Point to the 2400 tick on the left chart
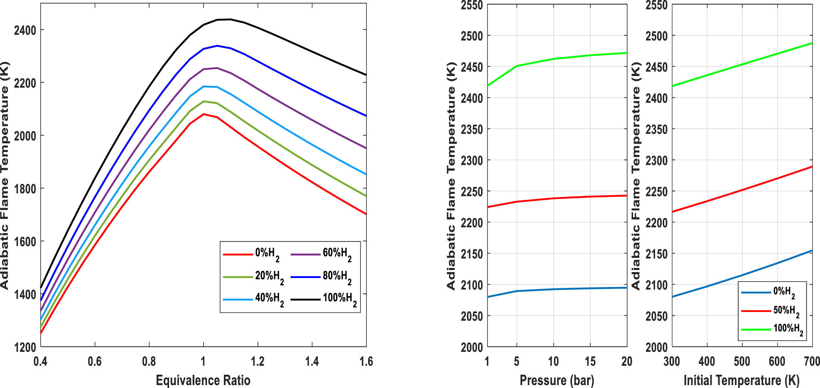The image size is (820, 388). (x=25, y=30)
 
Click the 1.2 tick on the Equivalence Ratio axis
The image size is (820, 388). (x=258, y=361)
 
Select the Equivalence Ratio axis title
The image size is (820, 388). (x=203, y=380)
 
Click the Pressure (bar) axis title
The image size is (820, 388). (x=557, y=380)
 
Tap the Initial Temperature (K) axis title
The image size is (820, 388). (x=741, y=380)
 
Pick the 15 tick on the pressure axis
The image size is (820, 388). (x=590, y=361)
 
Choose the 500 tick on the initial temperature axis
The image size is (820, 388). (x=742, y=361)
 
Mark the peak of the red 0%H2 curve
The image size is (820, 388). (x=204, y=114)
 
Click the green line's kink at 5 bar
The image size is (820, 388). (x=517, y=66)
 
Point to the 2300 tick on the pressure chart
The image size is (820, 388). (x=471, y=160)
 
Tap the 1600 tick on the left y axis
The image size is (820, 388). (x=25, y=242)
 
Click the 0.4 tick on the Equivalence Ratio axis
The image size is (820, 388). (x=40, y=361)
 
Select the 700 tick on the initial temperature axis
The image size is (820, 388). (x=812, y=361)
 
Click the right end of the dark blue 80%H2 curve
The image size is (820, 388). (x=366, y=116)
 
